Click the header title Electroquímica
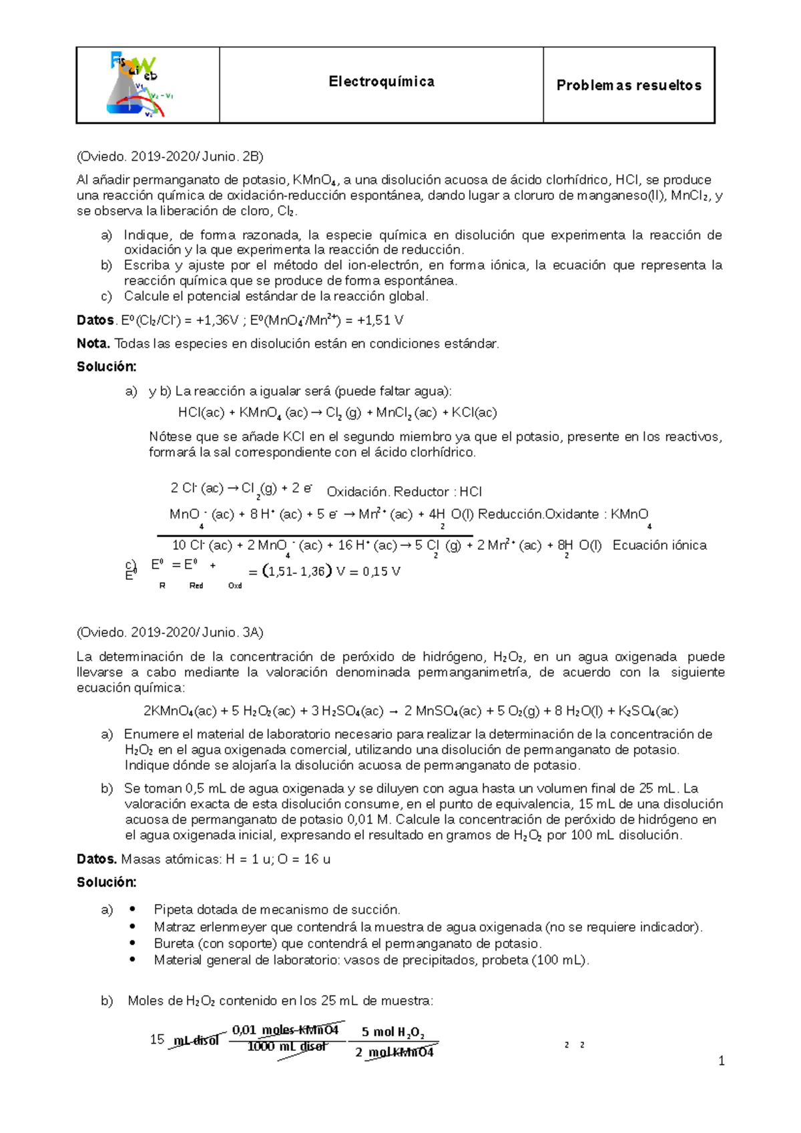(381, 81)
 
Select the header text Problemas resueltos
(629, 85)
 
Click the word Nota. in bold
(93, 344)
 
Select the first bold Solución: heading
(106, 366)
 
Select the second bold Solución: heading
(106, 882)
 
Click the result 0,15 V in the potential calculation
(381, 572)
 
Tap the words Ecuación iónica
(659, 545)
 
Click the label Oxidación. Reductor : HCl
(404, 492)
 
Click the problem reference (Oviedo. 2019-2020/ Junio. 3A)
(170, 632)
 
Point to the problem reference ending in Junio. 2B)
(170, 157)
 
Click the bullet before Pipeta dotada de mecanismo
(132, 909)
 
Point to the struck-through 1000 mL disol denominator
(287, 1046)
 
